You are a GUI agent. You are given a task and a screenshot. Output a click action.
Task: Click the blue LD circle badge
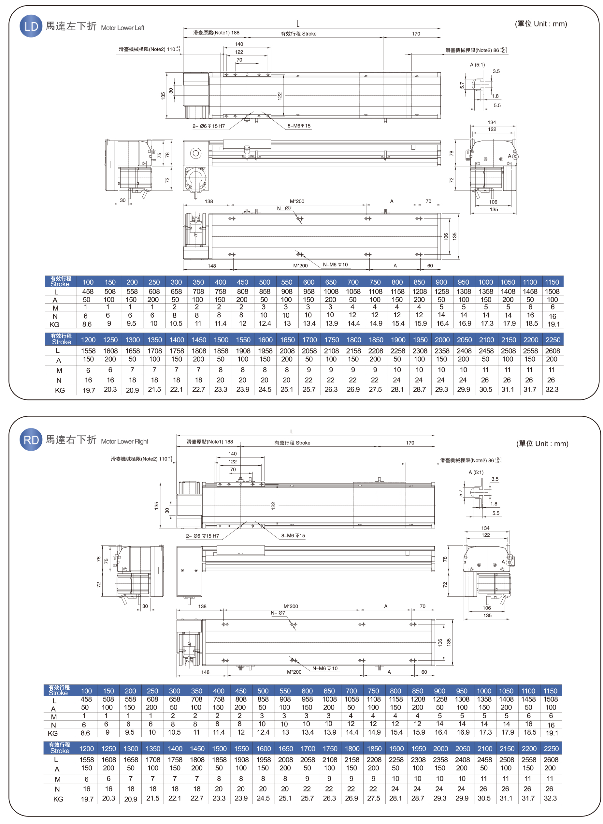pyautogui.click(x=31, y=26)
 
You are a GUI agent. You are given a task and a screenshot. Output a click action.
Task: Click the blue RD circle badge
pyautogui.click(x=31, y=440)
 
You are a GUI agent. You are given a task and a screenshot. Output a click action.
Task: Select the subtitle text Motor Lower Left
pyautogui.click(x=122, y=28)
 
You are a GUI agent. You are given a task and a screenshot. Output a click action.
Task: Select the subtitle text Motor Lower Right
pyautogui.click(x=124, y=441)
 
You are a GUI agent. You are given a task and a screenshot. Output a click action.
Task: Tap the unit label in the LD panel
pyautogui.click(x=541, y=24)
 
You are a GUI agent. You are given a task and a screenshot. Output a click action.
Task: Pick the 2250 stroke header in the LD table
pyautogui.click(x=553, y=340)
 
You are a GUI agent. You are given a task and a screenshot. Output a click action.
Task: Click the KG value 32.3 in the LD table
pyautogui.click(x=552, y=389)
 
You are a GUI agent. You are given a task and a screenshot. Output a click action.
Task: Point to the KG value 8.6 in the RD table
pyautogui.click(x=85, y=733)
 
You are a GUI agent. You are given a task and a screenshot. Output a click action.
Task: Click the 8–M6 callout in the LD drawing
pyautogui.click(x=299, y=126)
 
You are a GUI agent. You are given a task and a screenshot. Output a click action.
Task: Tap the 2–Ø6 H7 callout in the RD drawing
pyautogui.click(x=203, y=536)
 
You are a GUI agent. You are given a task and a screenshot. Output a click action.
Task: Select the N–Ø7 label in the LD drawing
pyautogui.click(x=284, y=209)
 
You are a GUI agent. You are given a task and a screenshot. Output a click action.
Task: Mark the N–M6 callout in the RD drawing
pyautogui.click(x=325, y=668)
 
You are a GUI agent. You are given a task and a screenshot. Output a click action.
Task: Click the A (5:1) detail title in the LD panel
pyautogui.click(x=478, y=65)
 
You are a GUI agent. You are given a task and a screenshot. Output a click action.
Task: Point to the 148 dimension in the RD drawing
pyautogui.click(x=205, y=672)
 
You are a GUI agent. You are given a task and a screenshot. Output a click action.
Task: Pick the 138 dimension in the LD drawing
pyautogui.click(x=209, y=201)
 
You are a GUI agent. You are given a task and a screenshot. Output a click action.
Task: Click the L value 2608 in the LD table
pyautogui.click(x=552, y=351)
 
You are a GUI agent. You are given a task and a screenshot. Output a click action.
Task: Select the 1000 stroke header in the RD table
pyautogui.click(x=484, y=691)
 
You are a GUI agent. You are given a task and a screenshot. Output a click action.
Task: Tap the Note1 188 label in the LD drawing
pyautogui.click(x=216, y=33)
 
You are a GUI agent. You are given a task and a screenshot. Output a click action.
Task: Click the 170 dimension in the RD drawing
pyautogui.click(x=410, y=443)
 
